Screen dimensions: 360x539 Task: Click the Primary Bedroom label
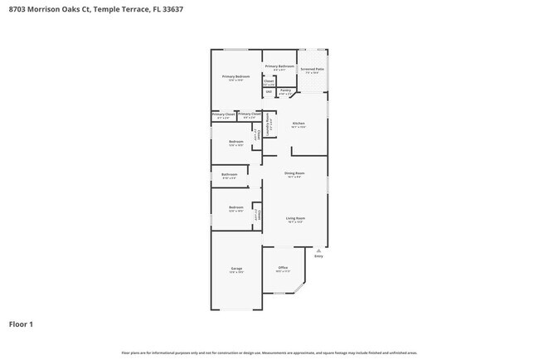[x=236, y=76]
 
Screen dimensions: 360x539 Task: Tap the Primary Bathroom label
[x=279, y=66]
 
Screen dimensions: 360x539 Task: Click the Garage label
[x=236, y=269]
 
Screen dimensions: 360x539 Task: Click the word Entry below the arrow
[x=318, y=255]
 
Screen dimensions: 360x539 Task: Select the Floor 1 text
[x=21, y=324]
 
